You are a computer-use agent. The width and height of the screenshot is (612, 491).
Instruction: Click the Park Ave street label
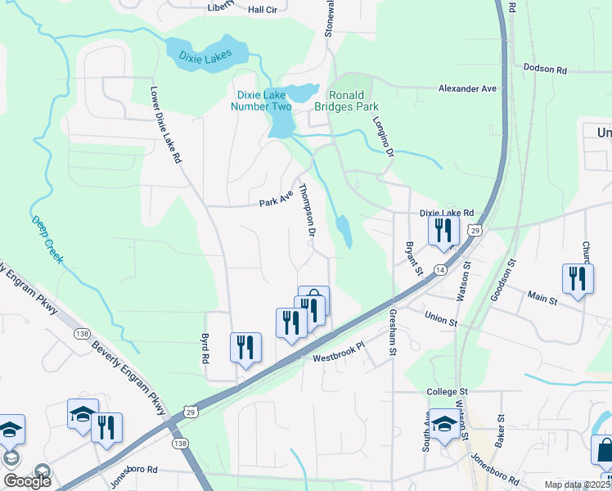276,199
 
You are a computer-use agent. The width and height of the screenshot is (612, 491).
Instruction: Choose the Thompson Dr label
307,209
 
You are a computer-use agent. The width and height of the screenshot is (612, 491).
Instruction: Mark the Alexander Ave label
467,88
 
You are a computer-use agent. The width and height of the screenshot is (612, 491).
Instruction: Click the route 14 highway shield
440,269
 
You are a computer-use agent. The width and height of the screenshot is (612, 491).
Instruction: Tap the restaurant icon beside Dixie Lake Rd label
443,231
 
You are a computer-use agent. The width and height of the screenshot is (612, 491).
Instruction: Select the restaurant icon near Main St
578,279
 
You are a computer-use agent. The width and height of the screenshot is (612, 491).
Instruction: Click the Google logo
27,481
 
